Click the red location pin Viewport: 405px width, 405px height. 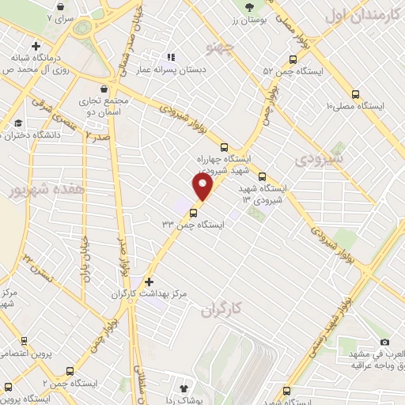pyautogui.click(x=203, y=187)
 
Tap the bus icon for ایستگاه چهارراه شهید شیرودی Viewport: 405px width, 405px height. pyautogui.click(x=224, y=146)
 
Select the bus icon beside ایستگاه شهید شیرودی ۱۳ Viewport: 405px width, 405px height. pyautogui.click(x=262, y=177)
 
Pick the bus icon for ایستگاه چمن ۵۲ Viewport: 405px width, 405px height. pyautogui.click(x=293, y=59)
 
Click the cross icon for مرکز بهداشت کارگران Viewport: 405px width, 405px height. pyautogui.click(x=149, y=281)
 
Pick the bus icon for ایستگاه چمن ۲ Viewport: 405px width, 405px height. pyautogui.click(x=71, y=371)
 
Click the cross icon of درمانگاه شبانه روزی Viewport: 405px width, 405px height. pyautogui.click(x=36, y=47)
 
